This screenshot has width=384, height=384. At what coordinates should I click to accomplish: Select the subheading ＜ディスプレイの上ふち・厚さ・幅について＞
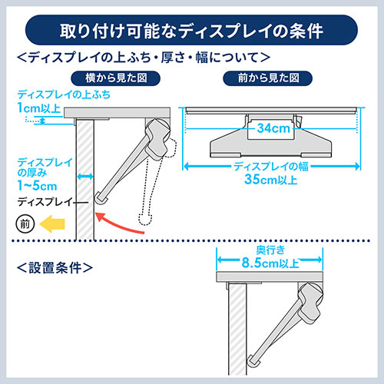[143, 58]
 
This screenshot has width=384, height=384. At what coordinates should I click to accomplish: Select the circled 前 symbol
[23, 224]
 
